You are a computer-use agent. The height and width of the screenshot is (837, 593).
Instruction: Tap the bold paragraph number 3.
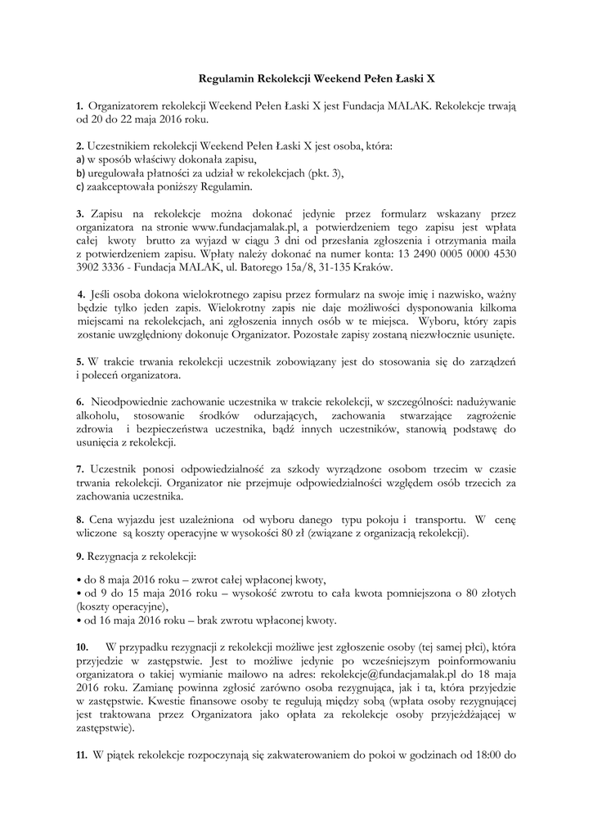pos(80,213)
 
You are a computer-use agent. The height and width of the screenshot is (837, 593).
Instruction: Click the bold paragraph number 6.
pos(80,401)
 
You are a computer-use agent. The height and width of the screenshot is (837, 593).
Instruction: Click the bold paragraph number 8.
pos(80,520)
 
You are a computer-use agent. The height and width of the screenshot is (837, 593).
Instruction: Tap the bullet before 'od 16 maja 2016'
pos(78,620)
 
